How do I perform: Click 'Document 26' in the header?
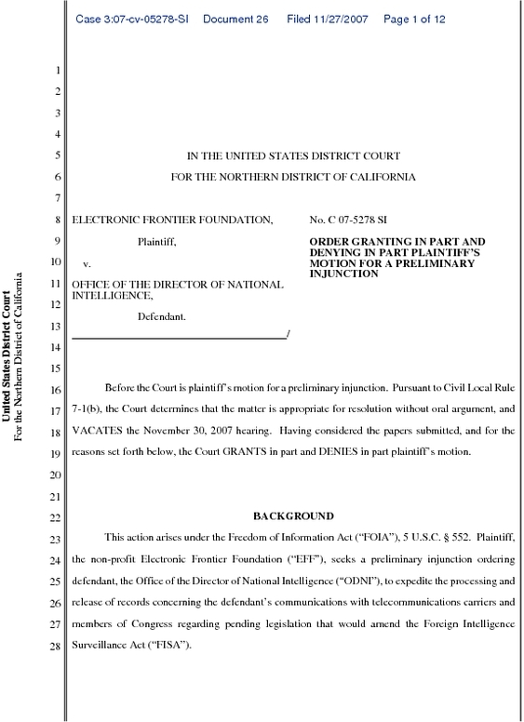(235, 20)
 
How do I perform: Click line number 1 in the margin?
(59, 71)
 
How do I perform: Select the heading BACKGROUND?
(293, 515)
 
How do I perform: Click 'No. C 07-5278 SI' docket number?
(348, 221)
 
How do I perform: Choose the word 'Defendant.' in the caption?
(162, 316)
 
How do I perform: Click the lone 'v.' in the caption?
(87, 264)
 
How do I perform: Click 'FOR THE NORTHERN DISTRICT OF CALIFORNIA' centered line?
(293, 177)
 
